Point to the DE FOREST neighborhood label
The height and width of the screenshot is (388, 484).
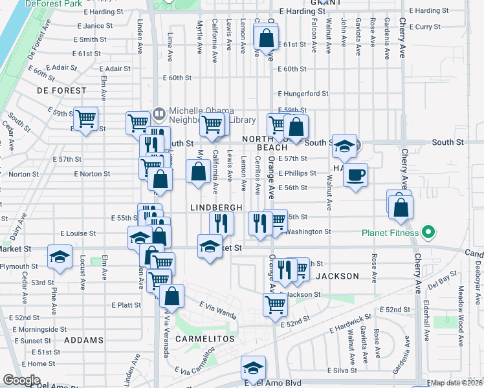[61, 91]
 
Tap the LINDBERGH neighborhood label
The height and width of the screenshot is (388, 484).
[216, 207]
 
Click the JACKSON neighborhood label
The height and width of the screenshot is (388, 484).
[337, 276]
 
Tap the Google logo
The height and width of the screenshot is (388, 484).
[21, 380]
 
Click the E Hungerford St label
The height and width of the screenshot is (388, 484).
[303, 93]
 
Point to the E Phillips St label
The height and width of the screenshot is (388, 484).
[297, 173]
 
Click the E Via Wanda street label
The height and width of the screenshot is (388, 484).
[217, 313]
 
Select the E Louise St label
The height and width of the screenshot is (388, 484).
[78, 233]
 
